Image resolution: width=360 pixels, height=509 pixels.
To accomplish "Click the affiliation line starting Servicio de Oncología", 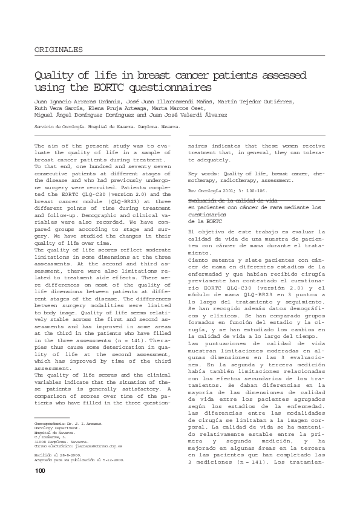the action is click(x=106, y=129).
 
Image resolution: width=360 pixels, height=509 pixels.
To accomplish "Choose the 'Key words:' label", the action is click(x=202, y=173).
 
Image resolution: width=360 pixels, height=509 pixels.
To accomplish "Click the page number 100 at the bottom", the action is click(x=40, y=488).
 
